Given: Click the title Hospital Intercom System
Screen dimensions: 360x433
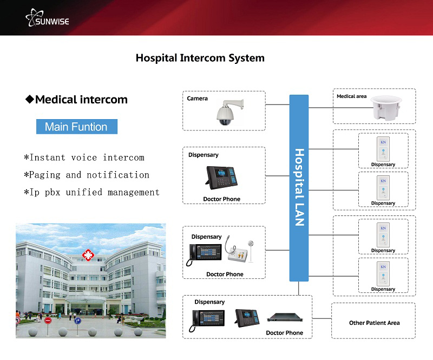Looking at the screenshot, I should click(x=200, y=57).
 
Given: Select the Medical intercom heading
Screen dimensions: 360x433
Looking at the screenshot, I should click(x=77, y=100).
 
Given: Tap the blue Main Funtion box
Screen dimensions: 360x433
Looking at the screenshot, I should click(x=76, y=127).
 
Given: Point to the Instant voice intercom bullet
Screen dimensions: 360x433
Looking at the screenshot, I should click(x=84, y=158).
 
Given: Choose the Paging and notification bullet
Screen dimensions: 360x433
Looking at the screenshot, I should click(x=86, y=175).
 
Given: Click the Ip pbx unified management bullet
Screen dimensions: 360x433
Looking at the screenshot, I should click(x=91, y=192).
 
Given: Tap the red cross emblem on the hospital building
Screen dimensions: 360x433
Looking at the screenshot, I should click(x=86, y=254).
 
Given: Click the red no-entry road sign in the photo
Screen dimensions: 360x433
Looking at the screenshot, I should click(x=48, y=320).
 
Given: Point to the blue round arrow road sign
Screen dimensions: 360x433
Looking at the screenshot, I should click(x=78, y=320).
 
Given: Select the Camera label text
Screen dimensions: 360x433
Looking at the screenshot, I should click(x=197, y=99).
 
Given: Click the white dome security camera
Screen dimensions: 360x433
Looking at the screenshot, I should click(x=225, y=113).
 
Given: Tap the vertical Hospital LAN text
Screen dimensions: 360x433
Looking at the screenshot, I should click(x=299, y=187).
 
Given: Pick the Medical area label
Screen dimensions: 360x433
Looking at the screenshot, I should click(x=351, y=96).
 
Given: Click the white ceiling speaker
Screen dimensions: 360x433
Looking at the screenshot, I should click(x=389, y=108).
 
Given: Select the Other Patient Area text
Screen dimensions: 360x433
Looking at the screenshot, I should click(x=374, y=323).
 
